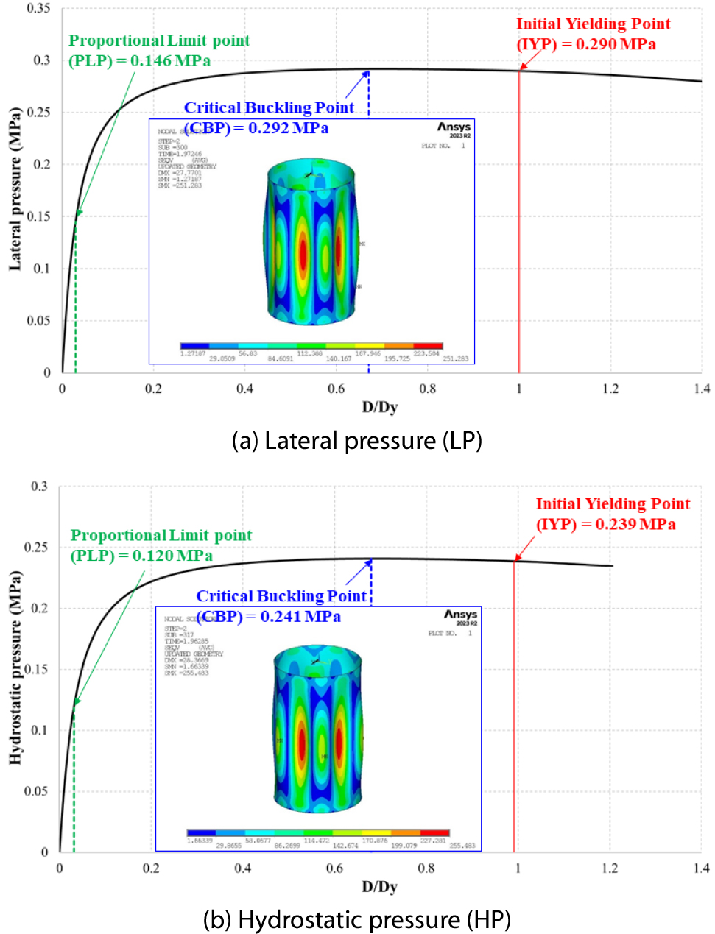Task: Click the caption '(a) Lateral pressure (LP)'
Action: tap(357, 441)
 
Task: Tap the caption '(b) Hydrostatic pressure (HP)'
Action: tap(357, 919)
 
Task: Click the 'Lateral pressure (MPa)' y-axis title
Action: tap(15, 189)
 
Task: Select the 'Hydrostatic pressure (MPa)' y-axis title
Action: tap(15, 668)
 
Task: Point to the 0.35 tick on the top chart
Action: tap(38, 9)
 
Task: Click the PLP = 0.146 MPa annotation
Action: tap(159, 51)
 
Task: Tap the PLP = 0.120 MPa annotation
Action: tap(161, 545)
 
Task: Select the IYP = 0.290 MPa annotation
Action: tap(593, 34)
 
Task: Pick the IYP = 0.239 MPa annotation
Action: tap(613, 514)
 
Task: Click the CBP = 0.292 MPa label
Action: tap(269, 118)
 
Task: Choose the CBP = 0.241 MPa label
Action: tap(281, 606)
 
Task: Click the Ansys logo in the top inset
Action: tap(454, 128)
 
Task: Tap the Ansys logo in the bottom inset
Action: tap(460, 615)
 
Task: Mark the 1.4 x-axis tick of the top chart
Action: tap(701, 389)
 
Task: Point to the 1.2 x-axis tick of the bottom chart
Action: tap(610, 868)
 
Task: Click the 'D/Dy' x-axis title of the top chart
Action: tap(379, 407)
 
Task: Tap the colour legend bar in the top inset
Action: tap(311, 345)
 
